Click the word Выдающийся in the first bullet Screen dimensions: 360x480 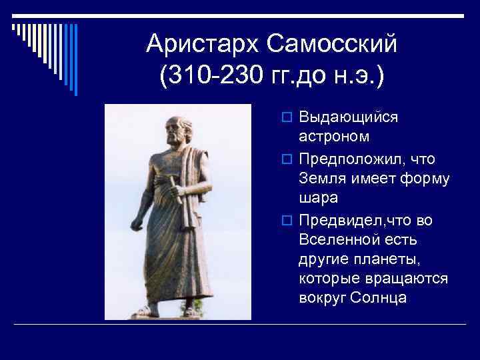[349, 117]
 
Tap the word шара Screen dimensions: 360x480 [319, 198]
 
